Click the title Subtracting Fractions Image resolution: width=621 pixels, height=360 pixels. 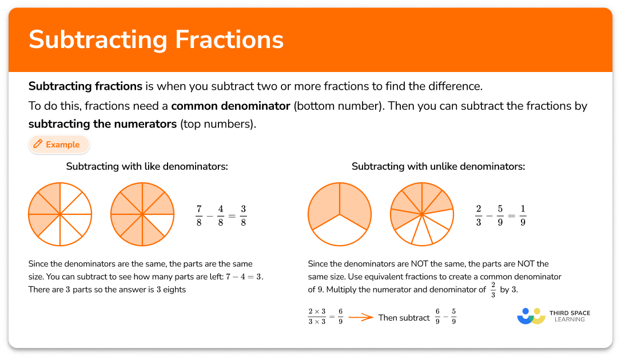[x=156, y=39]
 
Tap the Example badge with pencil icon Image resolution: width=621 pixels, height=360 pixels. [x=59, y=145]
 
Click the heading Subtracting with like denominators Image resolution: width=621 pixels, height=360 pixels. [x=147, y=167]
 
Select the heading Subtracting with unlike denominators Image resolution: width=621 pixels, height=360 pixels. [x=438, y=167]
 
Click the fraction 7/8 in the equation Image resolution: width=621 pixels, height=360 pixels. [x=199, y=214]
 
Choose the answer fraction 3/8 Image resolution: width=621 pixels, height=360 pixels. [x=244, y=214]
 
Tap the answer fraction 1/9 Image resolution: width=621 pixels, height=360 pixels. [x=523, y=214]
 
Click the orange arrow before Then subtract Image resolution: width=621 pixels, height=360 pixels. [x=360, y=318]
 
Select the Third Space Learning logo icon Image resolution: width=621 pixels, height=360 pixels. [x=531, y=316]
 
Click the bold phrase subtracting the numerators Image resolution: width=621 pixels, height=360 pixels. [x=102, y=123]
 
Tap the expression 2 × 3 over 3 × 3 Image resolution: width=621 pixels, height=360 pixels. [x=317, y=317]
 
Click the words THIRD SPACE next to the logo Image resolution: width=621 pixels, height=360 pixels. [x=570, y=313]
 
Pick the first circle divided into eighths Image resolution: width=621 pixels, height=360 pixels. [x=60, y=214]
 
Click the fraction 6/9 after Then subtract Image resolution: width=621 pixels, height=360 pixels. [x=438, y=317]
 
